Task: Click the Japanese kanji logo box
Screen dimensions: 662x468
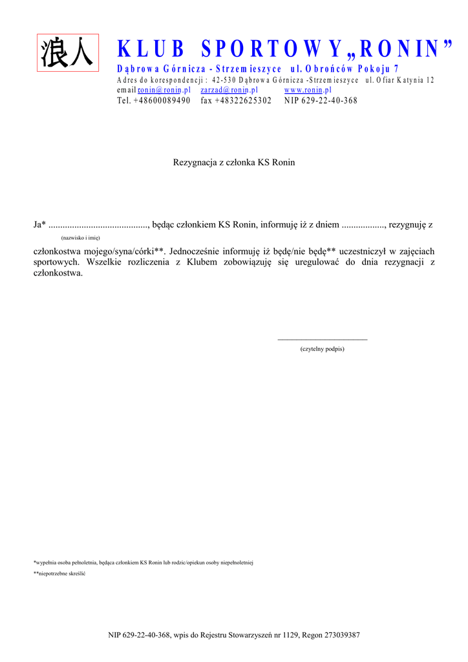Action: point(67,53)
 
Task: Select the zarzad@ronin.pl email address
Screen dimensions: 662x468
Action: point(229,91)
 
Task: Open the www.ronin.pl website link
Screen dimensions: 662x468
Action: point(308,91)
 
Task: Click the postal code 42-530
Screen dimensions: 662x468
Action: point(224,80)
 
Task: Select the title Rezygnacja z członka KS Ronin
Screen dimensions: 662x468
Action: point(234,162)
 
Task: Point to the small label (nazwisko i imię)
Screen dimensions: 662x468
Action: point(76,238)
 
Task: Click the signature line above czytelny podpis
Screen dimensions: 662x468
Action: point(322,339)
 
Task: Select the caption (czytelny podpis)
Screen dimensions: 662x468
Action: point(322,349)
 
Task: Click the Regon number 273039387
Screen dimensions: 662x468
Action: point(339,635)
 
